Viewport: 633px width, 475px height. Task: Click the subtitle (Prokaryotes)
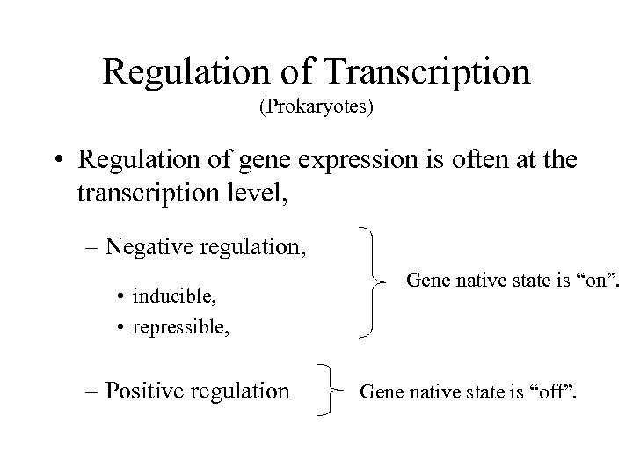coord(316,110)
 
